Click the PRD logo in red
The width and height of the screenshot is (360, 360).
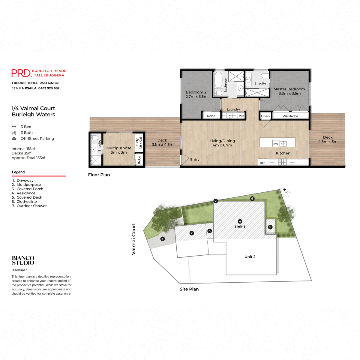21,73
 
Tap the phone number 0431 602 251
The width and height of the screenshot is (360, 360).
49,83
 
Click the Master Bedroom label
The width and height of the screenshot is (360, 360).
289,91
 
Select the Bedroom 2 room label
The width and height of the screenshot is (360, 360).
196,94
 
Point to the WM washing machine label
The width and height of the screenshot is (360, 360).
241,116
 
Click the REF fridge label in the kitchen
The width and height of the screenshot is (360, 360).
263,163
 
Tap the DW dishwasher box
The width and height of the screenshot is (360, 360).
276,144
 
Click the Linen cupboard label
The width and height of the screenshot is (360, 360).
265,116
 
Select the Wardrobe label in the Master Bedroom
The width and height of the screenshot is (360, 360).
290,116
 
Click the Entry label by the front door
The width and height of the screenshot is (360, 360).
195,160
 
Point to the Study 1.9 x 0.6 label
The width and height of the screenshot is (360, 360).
139,143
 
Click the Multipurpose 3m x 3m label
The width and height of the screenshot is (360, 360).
118,150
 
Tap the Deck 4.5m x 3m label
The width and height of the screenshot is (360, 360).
328,139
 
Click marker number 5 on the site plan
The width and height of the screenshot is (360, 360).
270,227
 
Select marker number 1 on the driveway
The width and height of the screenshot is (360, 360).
163,239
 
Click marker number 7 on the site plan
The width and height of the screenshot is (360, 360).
216,201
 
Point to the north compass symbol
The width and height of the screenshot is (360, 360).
287,193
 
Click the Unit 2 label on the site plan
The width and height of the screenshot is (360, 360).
250,257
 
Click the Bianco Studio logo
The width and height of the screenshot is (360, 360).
23,260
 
